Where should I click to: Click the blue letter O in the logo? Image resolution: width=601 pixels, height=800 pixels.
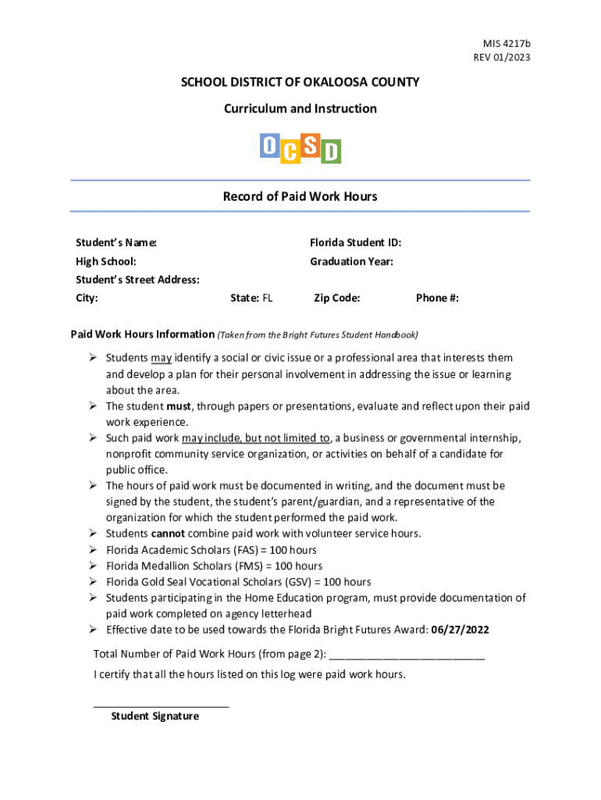tap(268, 145)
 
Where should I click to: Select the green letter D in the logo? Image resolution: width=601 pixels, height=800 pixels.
tap(331, 152)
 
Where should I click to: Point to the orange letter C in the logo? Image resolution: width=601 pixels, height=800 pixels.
tap(290, 152)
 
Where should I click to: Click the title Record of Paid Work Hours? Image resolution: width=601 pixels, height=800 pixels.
tap(300, 197)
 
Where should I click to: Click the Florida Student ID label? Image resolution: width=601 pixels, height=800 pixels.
tap(355, 243)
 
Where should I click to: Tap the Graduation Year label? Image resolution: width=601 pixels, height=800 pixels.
tap(351, 262)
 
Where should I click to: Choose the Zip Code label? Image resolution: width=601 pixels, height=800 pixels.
tap(336, 298)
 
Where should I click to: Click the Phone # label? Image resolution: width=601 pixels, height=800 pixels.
tap(437, 298)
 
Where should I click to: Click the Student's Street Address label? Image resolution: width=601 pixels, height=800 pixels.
tap(137, 280)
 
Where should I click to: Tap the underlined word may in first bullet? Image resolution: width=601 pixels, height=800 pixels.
tap(162, 358)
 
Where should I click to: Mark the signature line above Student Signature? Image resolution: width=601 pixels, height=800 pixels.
tap(161, 705)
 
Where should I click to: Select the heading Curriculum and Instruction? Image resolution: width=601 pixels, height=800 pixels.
tap(300, 109)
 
